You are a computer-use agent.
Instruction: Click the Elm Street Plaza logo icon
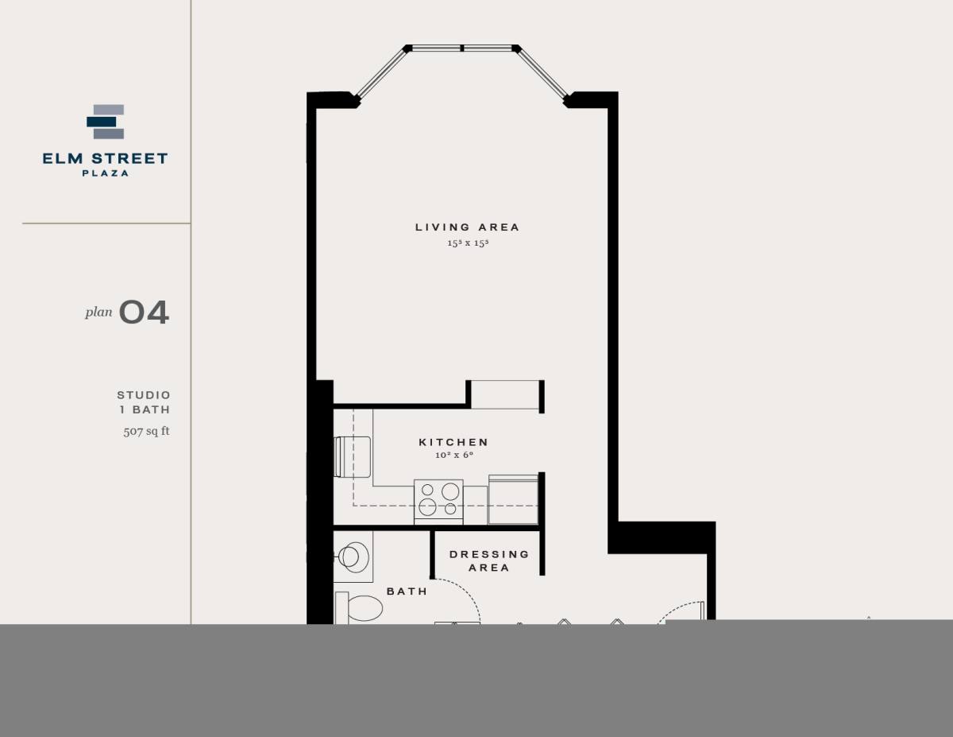tap(106, 122)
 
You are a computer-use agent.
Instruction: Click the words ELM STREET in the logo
tap(106, 159)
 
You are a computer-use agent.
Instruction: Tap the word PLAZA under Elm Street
tap(106, 173)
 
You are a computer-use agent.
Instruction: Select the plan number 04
tap(144, 312)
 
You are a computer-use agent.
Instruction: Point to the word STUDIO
tap(144, 395)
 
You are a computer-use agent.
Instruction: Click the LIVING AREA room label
tap(467, 227)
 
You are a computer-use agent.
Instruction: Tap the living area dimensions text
tap(467, 243)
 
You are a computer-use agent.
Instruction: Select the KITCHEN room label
tap(453, 442)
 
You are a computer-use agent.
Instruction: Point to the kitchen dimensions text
tap(453, 456)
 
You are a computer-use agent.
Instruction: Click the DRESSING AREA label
tap(489, 561)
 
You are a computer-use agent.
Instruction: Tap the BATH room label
tap(407, 592)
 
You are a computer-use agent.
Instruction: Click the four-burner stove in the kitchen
tap(438, 501)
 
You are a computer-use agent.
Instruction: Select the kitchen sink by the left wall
tap(353, 456)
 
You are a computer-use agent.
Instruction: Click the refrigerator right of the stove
tap(513, 499)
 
